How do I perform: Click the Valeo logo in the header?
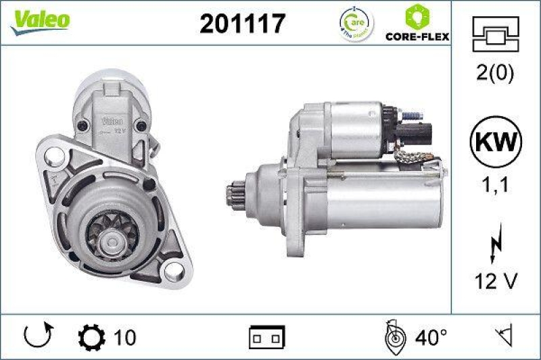[39, 20]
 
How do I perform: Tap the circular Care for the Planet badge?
[356, 25]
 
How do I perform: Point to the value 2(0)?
[497, 73]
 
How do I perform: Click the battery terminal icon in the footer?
[267, 336]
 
